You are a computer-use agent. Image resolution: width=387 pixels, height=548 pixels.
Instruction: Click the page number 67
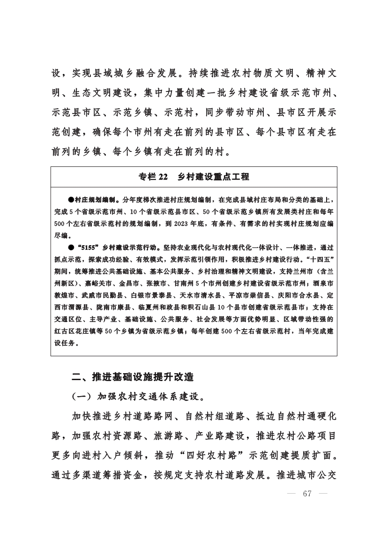(x=307, y=494)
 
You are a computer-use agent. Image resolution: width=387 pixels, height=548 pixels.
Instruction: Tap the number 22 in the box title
(x=160, y=177)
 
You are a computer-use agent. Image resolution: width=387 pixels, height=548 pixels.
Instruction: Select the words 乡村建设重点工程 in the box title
(x=213, y=177)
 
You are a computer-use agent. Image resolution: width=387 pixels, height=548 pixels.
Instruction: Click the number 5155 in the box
(x=87, y=246)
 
